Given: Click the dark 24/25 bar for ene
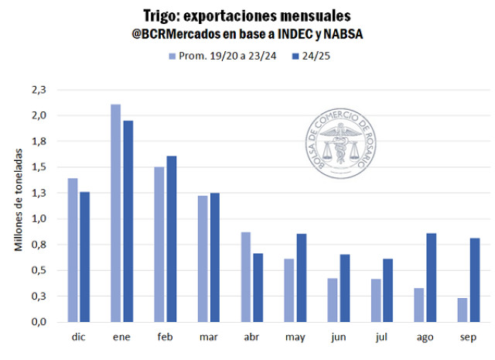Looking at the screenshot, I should (x=128, y=221).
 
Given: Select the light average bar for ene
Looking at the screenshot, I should (x=116, y=213).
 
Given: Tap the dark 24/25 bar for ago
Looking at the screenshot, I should (x=432, y=277).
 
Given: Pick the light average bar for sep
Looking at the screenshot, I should (x=463, y=310).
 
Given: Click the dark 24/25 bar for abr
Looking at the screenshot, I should (x=258, y=287).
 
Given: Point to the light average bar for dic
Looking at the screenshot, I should (x=73, y=249).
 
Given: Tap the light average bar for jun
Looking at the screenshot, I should (x=333, y=300).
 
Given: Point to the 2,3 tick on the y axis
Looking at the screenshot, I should (x=39, y=90).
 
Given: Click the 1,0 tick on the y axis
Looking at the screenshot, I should (x=39, y=219).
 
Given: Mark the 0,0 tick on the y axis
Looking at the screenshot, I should (x=39, y=322).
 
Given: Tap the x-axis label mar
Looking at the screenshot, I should (x=209, y=338).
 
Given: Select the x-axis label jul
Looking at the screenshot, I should (x=382, y=338).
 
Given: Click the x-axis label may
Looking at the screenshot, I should (x=295, y=338).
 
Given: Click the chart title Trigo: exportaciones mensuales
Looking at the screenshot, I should (x=247, y=15).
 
